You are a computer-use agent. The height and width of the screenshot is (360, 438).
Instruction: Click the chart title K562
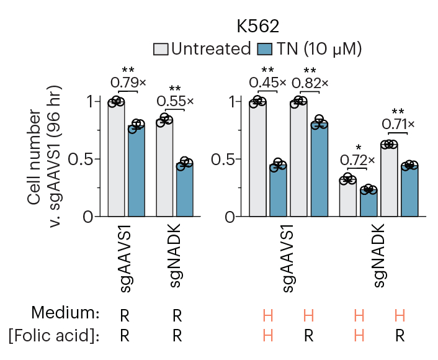[257, 27]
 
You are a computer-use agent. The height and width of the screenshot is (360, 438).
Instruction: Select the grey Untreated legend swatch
[161, 49]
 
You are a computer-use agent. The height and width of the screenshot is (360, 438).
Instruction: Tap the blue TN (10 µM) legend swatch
[265, 49]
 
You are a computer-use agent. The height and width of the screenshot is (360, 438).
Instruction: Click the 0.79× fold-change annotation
[128, 82]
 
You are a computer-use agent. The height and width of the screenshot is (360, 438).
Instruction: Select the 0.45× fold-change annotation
[267, 82]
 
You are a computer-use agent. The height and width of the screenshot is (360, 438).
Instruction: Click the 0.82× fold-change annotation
[310, 82]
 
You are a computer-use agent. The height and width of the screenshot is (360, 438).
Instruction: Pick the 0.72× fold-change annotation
[357, 160]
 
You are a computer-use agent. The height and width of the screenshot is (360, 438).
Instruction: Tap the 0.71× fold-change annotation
[398, 124]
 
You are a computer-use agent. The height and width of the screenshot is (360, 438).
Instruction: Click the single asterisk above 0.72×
[349, 149]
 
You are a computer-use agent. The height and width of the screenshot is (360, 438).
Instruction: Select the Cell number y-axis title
[35, 158]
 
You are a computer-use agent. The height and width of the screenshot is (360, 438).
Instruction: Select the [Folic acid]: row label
[54, 336]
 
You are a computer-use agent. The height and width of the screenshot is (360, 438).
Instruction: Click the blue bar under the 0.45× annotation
[278, 191]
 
